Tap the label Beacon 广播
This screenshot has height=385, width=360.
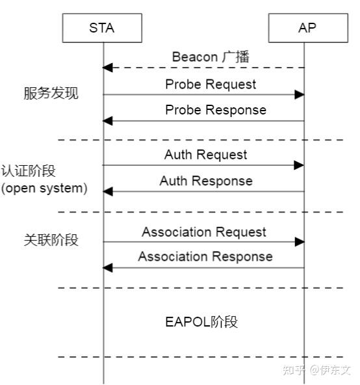coord(211,57)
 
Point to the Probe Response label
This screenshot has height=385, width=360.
coord(216,110)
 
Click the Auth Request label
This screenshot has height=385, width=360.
coord(205,155)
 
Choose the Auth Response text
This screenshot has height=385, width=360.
coord(206,181)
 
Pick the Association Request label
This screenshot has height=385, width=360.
coord(204,232)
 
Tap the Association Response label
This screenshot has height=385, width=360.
coord(205,257)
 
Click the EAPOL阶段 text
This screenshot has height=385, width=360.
coord(202,322)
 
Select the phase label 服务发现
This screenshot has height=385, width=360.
coord(51,94)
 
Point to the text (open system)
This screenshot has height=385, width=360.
coord(44,189)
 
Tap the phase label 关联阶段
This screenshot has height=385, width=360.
coord(51,240)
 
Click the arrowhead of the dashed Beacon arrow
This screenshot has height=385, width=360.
coord(108,68)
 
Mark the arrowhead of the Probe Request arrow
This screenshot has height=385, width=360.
coord(299,94)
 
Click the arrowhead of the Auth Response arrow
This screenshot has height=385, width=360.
coord(108,191)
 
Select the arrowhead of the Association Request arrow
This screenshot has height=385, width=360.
coord(299,242)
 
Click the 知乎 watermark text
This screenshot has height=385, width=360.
coord(296,370)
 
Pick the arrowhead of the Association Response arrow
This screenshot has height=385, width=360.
coord(108,267)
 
